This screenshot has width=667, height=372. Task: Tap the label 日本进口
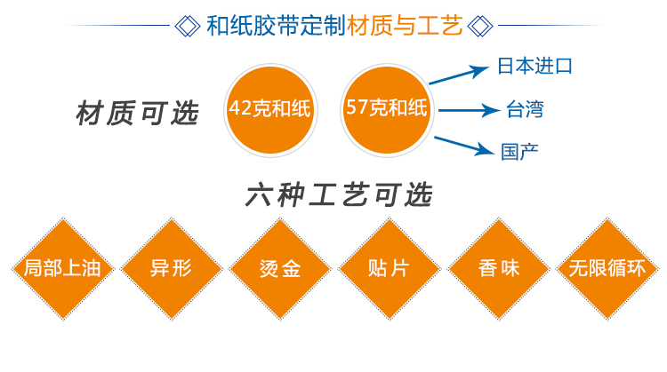[x=534, y=66]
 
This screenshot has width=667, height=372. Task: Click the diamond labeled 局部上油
[x=63, y=268]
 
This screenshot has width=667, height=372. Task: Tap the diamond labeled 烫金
[x=278, y=268]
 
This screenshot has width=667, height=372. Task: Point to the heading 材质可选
[x=136, y=115]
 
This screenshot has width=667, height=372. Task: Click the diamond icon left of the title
[x=188, y=25]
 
